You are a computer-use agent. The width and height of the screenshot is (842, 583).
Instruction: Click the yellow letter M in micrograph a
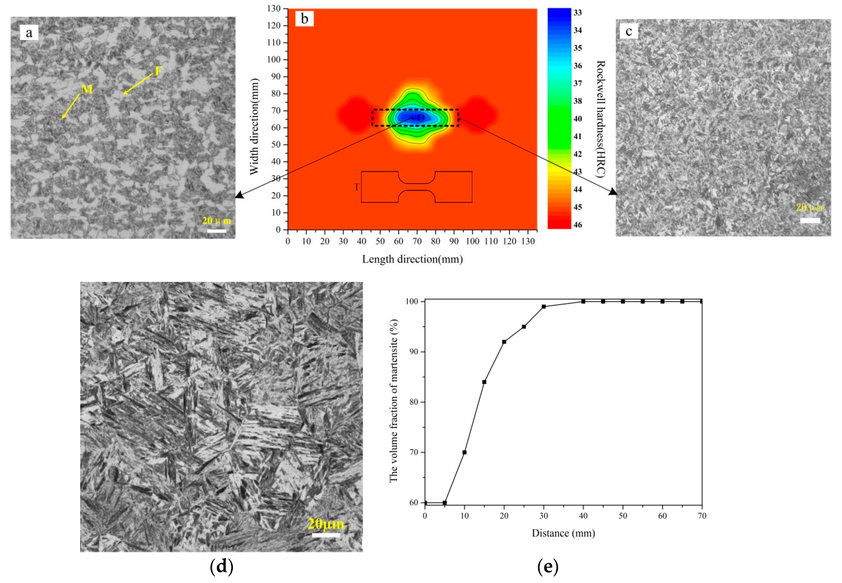coord(87,89)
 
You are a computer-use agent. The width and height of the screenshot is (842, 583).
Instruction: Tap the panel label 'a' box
coord(29,33)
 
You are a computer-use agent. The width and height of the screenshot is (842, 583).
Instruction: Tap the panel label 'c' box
coord(629,32)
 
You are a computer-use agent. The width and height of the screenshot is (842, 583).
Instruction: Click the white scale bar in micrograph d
coord(326,535)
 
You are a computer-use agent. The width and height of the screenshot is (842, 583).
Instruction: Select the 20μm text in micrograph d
coord(326,524)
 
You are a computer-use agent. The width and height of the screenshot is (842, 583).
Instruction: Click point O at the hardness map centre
coord(420,118)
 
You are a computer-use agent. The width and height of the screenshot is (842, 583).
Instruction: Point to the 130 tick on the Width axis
coord(274,8)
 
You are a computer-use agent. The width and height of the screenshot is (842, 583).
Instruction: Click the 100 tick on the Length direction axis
coord(472,241)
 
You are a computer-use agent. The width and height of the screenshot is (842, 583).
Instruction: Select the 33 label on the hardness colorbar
coord(577,13)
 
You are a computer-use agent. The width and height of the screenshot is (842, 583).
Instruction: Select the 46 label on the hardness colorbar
coord(577,225)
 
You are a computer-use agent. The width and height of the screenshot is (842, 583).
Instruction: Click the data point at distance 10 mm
coord(464,452)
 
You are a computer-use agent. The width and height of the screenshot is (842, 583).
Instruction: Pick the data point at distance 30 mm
coord(544,306)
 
